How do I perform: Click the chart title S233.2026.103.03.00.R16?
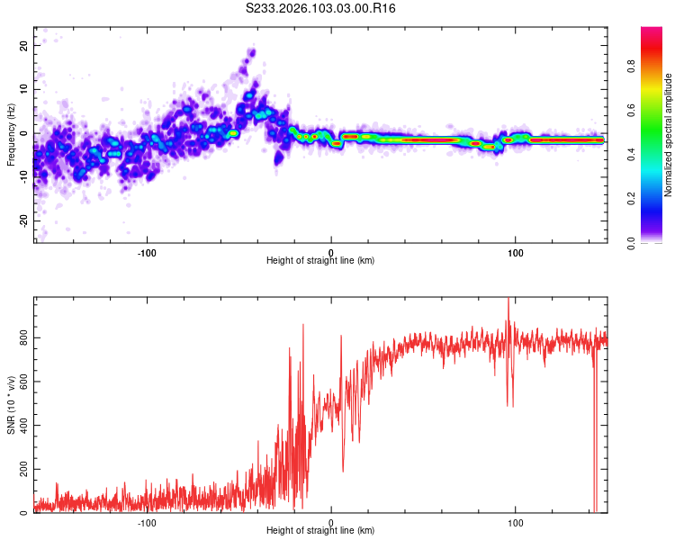pos(321,8)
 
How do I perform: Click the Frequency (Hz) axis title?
pos(11,134)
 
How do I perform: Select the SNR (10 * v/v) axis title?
pos(11,405)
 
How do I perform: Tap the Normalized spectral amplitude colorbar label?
pos(669,135)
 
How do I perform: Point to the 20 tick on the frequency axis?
pos(23,45)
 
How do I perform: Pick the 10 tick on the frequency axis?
pos(23,89)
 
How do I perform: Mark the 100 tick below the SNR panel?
pos(516,522)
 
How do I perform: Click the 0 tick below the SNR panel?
pos(331,522)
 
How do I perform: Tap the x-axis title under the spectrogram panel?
pos(320,261)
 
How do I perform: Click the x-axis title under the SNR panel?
pos(320,532)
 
